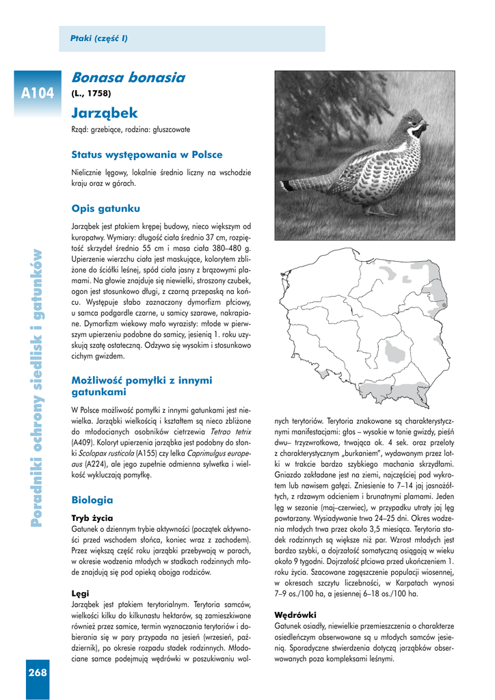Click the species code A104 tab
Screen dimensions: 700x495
coord(37,93)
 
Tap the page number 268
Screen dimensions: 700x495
coord(38,673)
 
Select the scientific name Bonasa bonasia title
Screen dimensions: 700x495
coord(128,78)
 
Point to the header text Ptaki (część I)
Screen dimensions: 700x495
coord(99,38)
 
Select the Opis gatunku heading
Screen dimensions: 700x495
coord(105,208)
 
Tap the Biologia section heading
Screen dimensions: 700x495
coord(92,500)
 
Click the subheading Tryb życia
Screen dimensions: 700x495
coord(92,517)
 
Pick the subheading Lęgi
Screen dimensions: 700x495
coord(80,593)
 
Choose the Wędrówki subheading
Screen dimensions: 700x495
coord(295,614)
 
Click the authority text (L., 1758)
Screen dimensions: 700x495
coord(91,93)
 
